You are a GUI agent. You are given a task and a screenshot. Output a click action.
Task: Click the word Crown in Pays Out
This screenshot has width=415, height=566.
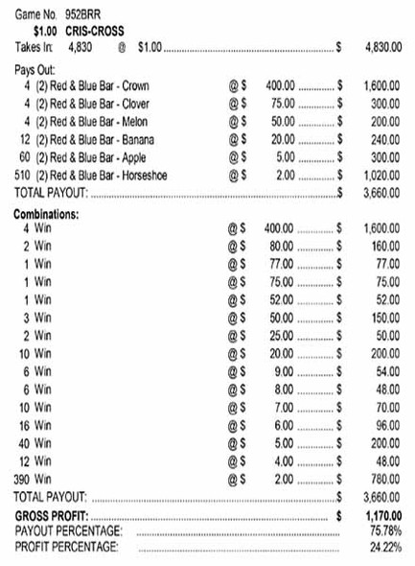pos(136,86)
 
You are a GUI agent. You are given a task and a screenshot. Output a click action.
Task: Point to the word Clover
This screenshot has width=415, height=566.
pos(137,104)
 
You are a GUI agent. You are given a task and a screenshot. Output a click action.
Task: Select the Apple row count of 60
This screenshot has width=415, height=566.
pos(25,156)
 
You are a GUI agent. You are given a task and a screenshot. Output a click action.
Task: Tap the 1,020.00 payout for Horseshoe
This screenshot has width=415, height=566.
pos(382,175)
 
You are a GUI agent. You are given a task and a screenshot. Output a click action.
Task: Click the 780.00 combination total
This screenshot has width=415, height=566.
pos(385,479)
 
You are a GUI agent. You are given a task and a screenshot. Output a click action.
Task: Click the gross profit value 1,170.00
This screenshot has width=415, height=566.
pos(382,515)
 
